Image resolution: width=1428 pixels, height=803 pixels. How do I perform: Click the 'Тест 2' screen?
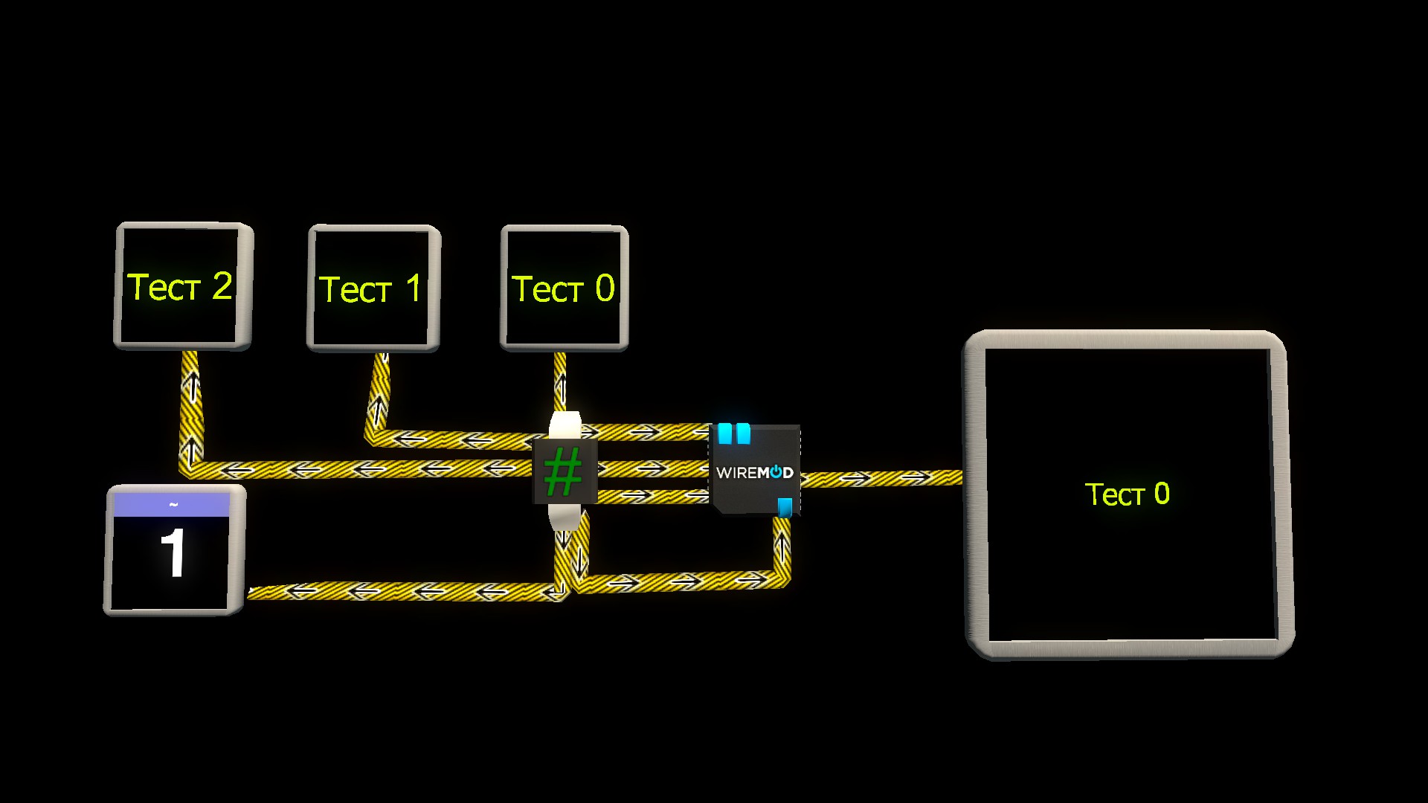click(182, 286)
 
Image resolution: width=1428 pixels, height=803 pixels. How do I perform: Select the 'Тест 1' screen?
click(373, 288)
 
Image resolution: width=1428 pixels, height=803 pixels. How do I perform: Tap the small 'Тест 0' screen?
click(564, 288)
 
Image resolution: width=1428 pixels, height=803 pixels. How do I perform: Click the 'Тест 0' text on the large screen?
click(1127, 494)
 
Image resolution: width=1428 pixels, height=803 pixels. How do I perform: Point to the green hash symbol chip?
click(564, 472)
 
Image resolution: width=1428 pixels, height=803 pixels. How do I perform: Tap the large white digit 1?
click(174, 553)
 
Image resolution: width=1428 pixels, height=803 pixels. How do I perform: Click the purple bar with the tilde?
click(173, 506)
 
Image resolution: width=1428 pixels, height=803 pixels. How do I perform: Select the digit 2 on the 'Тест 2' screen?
click(222, 286)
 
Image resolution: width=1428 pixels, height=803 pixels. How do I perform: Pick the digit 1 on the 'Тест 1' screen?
click(414, 288)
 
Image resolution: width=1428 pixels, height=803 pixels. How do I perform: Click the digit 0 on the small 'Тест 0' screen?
click(605, 288)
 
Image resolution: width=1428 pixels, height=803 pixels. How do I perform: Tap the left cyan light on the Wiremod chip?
click(725, 433)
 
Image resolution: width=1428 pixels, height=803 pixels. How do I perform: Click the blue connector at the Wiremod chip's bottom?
click(784, 507)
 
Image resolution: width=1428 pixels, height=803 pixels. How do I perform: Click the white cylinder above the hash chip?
click(565, 425)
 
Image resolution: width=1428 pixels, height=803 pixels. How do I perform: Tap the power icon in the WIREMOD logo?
click(776, 472)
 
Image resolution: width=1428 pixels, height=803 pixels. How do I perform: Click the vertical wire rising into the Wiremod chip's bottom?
click(782, 546)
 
